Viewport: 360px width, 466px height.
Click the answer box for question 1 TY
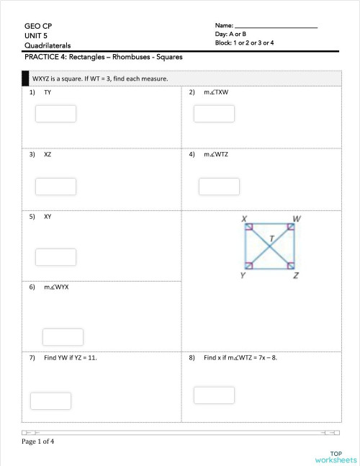point(56,114)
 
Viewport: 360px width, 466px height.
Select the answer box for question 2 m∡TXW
point(214,114)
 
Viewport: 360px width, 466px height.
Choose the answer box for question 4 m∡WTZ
point(219,186)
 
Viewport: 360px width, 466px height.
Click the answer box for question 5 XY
point(55,256)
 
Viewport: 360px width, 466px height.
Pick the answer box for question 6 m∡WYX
point(63,337)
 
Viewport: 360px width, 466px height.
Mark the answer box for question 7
point(50,401)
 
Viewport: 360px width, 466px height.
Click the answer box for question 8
point(214,395)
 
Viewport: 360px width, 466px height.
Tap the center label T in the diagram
point(271,237)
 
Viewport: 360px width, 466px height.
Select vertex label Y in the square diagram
point(242,276)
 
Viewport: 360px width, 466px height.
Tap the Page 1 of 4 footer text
point(42,442)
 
